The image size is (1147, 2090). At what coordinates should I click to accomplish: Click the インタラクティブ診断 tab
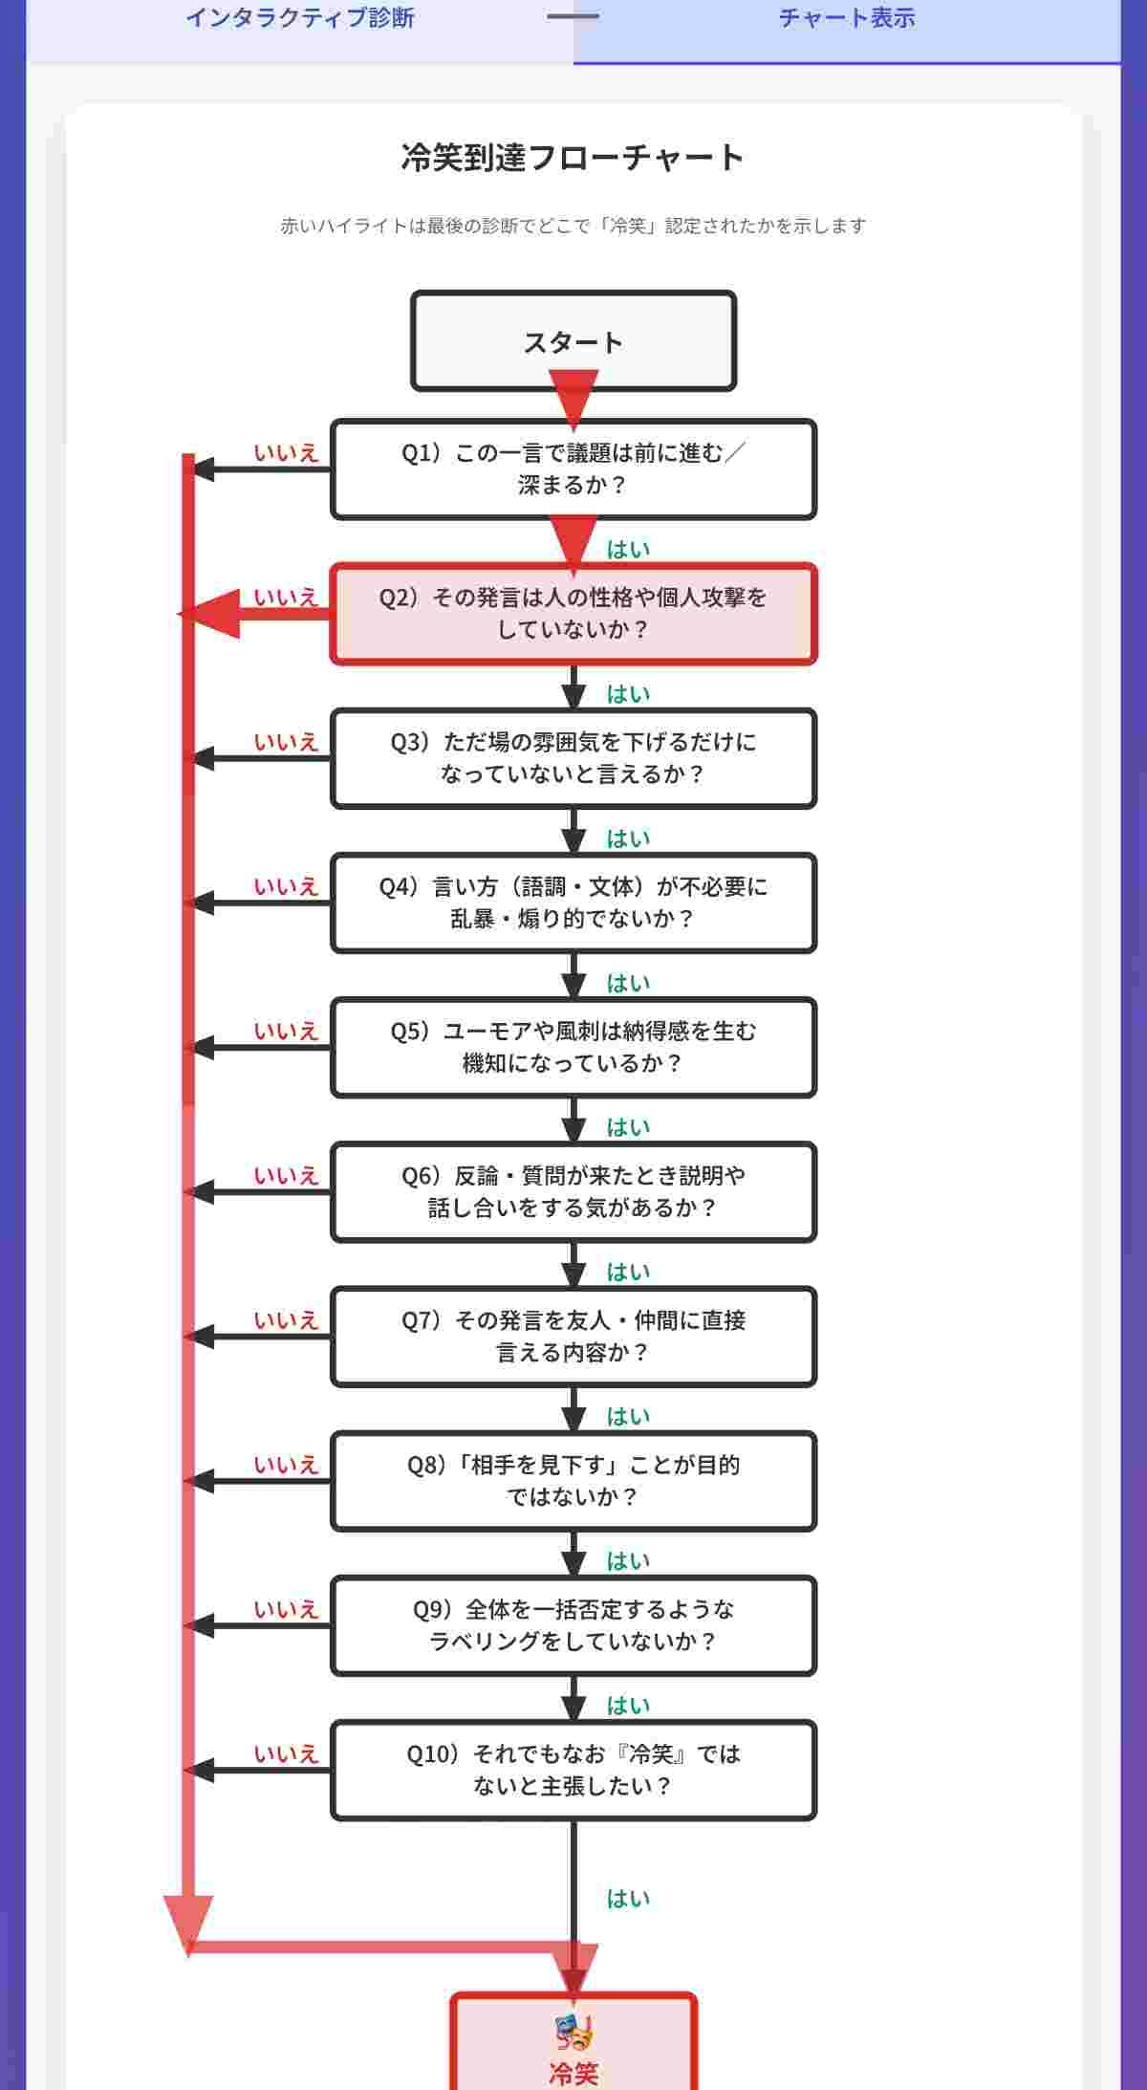click(299, 18)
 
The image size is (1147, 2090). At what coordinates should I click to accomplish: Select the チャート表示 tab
click(847, 18)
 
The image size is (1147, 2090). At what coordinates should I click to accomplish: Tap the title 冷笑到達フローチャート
click(573, 158)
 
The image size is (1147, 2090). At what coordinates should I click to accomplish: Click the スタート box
click(573, 341)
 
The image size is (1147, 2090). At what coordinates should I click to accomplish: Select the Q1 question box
click(573, 468)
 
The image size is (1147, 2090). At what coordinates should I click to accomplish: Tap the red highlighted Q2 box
click(573, 613)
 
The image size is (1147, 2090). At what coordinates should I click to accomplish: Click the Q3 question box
click(573, 758)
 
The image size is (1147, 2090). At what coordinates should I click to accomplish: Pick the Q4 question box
click(573, 903)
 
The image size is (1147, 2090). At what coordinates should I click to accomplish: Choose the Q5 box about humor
click(573, 1047)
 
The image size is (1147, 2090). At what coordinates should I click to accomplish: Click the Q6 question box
click(573, 1191)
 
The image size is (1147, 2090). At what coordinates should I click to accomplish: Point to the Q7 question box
click(573, 1337)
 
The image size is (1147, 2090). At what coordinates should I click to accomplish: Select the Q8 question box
click(573, 1481)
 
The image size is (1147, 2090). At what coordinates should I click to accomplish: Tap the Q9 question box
click(573, 1625)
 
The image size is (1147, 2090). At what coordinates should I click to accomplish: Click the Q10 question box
click(573, 1770)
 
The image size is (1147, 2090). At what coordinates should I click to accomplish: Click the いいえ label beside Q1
click(286, 453)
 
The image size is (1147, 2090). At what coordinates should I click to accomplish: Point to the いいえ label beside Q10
click(286, 1754)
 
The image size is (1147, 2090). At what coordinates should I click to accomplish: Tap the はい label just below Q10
click(628, 1899)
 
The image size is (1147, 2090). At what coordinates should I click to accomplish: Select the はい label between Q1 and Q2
click(628, 550)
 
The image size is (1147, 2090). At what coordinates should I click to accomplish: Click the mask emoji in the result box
click(573, 2033)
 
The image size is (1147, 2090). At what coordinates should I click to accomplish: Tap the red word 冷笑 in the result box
click(573, 2074)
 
